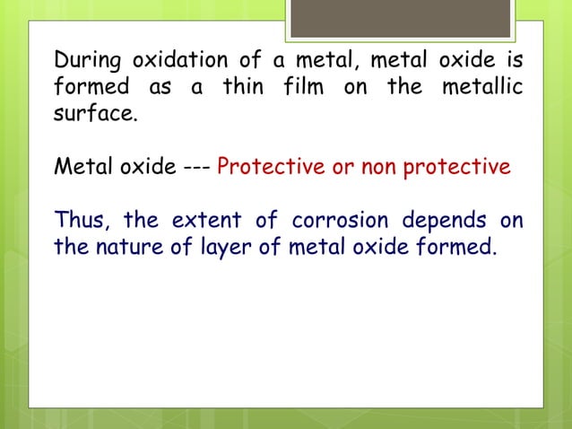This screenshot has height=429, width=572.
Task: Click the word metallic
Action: point(482,89)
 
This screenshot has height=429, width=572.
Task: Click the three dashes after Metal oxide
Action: point(194,168)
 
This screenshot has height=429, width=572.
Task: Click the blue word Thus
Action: point(78,220)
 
